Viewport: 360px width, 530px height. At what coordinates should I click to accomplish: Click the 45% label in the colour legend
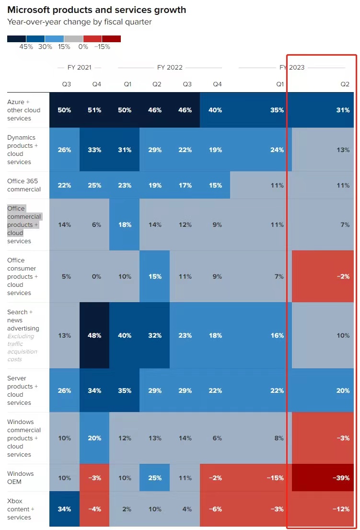coord(26,47)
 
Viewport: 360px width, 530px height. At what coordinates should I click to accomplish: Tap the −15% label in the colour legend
coord(102,47)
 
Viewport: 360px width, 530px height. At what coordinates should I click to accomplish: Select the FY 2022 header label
coord(170,68)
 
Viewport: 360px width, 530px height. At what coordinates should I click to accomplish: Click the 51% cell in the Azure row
coord(94,110)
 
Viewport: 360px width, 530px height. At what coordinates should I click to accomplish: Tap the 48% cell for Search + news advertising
coord(94,335)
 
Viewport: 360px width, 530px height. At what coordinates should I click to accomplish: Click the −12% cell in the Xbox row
coord(342,509)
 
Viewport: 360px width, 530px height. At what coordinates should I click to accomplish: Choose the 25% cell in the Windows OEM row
coord(155,478)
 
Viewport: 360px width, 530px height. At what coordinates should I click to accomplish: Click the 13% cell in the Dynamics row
coord(342,150)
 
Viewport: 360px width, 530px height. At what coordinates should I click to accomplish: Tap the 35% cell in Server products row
coord(125,390)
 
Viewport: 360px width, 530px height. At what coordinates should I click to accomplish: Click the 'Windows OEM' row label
coord(21,478)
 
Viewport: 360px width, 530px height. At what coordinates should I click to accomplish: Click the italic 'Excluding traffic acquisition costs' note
coord(22,348)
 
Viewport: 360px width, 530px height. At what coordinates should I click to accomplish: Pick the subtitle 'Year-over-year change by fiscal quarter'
coord(79,22)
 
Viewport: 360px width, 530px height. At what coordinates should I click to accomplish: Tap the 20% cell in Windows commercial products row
coord(94,438)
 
